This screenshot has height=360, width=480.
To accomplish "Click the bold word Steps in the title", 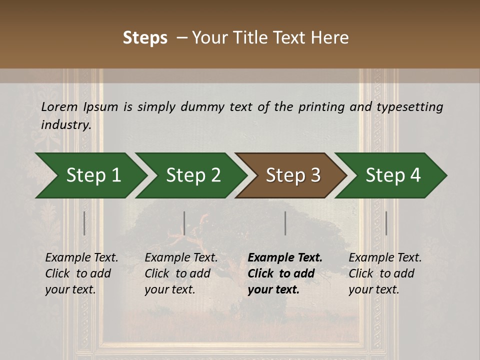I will (x=145, y=38).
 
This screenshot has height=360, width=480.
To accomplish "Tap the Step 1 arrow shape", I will (x=90, y=175).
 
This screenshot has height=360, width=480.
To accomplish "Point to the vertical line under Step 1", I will (x=84, y=223).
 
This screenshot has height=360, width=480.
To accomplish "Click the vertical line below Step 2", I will (x=184, y=223).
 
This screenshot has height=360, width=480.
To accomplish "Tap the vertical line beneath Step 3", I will (x=285, y=223).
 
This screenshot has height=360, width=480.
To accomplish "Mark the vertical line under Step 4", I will (x=386, y=223).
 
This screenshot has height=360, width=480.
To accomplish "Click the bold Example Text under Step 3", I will (x=285, y=257).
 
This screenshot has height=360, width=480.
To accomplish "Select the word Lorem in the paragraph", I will (x=59, y=106).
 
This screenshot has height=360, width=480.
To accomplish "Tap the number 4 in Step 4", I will (x=415, y=175).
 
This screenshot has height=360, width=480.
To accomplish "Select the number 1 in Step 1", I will (x=115, y=175).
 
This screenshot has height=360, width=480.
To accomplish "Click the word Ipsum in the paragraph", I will (x=101, y=106).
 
